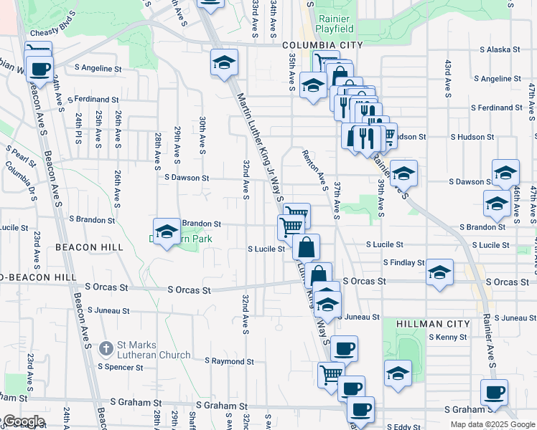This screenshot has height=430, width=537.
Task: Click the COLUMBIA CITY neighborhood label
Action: (x=312, y=44)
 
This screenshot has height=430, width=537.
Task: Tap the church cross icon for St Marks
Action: (x=106, y=349)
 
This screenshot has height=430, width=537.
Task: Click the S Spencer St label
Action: (x=121, y=367)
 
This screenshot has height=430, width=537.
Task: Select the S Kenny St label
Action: (x=448, y=337)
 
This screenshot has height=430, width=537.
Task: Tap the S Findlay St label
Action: (x=403, y=263)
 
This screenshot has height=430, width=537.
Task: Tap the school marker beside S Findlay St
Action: (x=439, y=272)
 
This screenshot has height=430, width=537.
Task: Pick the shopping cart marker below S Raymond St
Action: (x=331, y=374)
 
